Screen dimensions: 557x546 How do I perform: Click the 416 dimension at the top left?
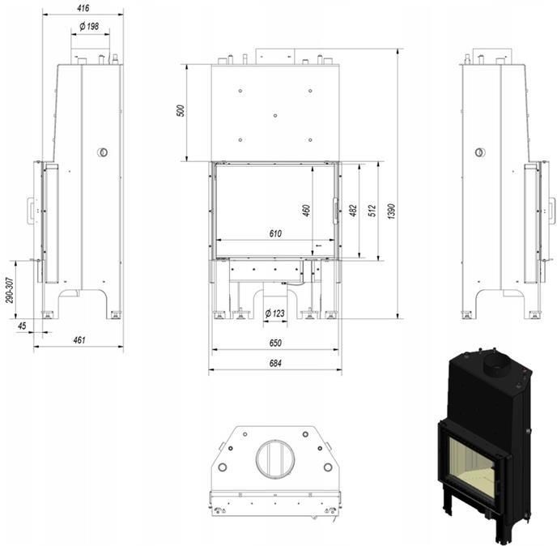pyautogui.click(x=83, y=8)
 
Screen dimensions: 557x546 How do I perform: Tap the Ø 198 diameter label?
pyautogui.click(x=89, y=26)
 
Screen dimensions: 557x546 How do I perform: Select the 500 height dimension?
pyautogui.click(x=181, y=110)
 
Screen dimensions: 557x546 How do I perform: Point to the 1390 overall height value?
pyautogui.click(x=391, y=211)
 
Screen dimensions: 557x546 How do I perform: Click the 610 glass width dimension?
pyautogui.click(x=275, y=233)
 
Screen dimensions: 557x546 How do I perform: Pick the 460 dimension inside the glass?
pyautogui.click(x=306, y=210)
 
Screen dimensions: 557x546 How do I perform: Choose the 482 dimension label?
pyautogui.click(x=353, y=211)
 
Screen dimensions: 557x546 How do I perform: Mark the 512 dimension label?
pyautogui.click(x=372, y=211)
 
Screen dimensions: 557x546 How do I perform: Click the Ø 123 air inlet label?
pyautogui.click(x=275, y=314)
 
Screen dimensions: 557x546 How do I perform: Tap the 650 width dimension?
pyautogui.click(x=275, y=343)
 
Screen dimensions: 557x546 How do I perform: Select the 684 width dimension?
pyautogui.click(x=275, y=363)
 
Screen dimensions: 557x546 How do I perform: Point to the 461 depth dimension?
pyautogui.click(x=79, y=340)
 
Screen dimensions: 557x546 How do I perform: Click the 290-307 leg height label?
pyautogui.click(x=10, y=290)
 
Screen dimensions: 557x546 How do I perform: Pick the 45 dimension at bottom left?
pyautogui.click(x=22, y=326)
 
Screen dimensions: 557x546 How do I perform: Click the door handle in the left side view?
pyautogui.click(x=32, y=211)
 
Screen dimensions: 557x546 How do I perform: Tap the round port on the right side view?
pyautogui.click(x=480, y=152)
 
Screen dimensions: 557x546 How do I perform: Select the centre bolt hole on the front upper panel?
pyautogui.click(x=275, y=116)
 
